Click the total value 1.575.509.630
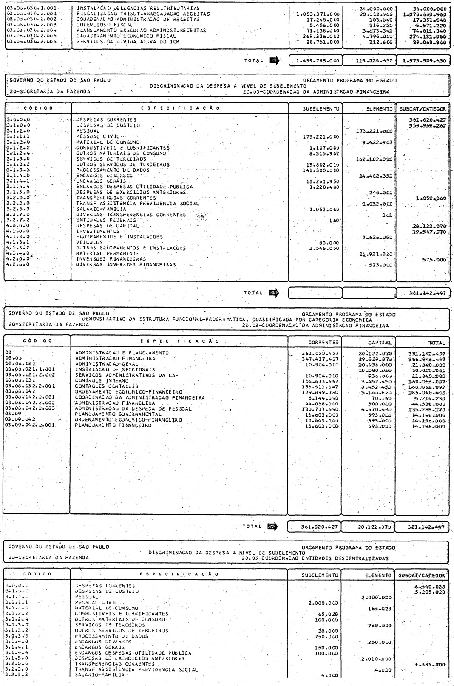424,60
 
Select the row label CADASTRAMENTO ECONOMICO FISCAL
126,37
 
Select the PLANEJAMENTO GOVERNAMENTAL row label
118,414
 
